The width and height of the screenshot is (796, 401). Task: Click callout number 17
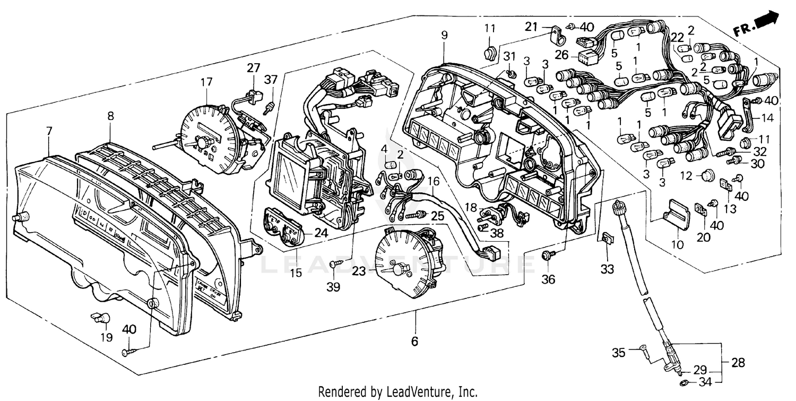[x=206, y=82]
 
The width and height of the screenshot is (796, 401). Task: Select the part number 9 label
[x=444, y=35]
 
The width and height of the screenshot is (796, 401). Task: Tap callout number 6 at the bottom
[x=414, y=341]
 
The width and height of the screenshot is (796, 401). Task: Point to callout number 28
[x=737, y=363]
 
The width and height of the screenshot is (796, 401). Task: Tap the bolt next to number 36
[x=546, y=255]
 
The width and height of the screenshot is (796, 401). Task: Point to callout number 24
[x=320, y=232]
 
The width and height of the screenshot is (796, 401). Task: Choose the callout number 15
[x=296, y=273]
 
